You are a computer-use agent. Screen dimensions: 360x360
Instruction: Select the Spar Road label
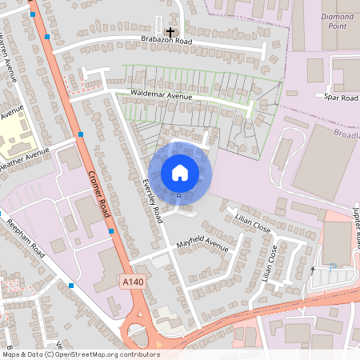pos(342,98)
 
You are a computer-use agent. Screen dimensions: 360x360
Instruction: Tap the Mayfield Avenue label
pos(202,242)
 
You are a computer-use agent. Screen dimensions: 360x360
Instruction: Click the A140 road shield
pos(133,282)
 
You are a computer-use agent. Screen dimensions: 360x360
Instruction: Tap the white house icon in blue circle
pos(180,172)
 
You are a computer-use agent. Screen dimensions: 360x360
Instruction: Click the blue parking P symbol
pos(332,267)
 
